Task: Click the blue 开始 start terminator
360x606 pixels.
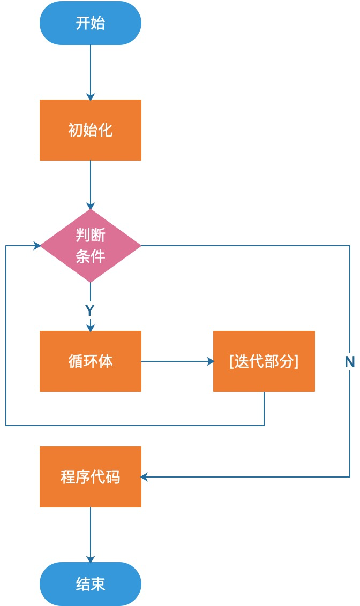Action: (x=90, y=23)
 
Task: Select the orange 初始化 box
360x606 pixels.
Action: (x=90, y=130)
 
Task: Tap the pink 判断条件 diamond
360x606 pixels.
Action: (x=90, y=246)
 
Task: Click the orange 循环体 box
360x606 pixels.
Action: (x=90, y=361)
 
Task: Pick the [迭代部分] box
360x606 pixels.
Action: (x=264, y=361)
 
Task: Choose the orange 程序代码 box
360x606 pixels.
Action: (x=90, y=477)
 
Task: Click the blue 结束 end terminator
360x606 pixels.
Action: (x=90, y=584)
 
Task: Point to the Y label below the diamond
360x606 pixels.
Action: (x=90, y=310)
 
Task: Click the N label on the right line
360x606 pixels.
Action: (x=350, y=362)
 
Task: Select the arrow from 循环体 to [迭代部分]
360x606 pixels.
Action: (x=177, y=361)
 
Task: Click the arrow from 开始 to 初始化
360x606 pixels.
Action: (x=90, y=72)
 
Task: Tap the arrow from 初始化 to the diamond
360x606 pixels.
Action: (x=90, y=184)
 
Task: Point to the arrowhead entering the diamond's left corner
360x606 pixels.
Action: (x=37, y=246)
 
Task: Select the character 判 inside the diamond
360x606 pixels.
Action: (x=82, y=235)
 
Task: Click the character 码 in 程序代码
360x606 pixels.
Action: (x=113, y=477)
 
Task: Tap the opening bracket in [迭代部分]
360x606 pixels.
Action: (x=231, y=361)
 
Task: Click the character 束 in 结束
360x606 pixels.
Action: (x=98, y=584)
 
